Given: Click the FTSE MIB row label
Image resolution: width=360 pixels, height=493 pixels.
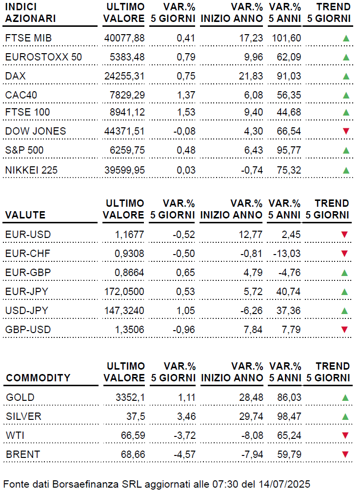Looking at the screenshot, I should tap(28, 38).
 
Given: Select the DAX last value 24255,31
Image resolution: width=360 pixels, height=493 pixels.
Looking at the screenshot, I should tap(124, 76).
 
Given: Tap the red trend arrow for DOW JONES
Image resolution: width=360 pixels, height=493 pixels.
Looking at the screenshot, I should tap(346, 131).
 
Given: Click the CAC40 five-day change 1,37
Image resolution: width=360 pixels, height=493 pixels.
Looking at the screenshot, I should tap(185, 95).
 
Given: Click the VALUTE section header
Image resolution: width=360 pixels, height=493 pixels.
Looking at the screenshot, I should tap(25, 215).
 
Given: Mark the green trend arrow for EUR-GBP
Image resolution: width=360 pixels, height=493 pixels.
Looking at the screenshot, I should tap(344, 273).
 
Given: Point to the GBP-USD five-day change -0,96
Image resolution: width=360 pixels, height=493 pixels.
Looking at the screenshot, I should tap(183, 330).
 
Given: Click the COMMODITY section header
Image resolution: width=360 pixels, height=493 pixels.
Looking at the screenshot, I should tap(38, 378).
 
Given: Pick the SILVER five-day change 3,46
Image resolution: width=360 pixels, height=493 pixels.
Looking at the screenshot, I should tap(186, 416).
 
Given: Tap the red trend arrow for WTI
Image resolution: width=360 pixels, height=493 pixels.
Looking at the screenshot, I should tap(345, 435).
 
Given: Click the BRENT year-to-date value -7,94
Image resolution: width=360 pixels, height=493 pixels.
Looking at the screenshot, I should tap(252, 454).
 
